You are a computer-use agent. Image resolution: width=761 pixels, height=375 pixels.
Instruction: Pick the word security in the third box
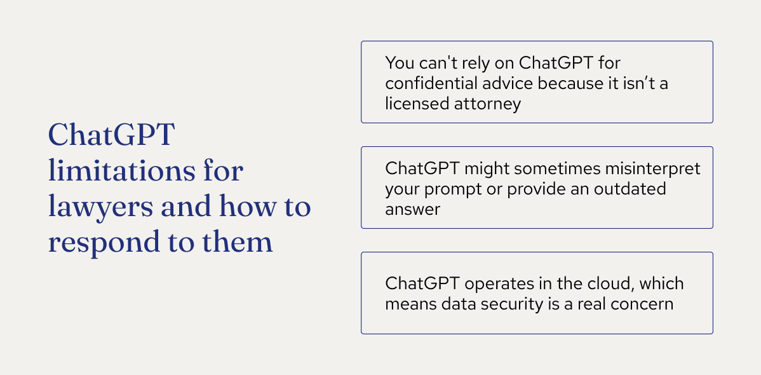507,303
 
